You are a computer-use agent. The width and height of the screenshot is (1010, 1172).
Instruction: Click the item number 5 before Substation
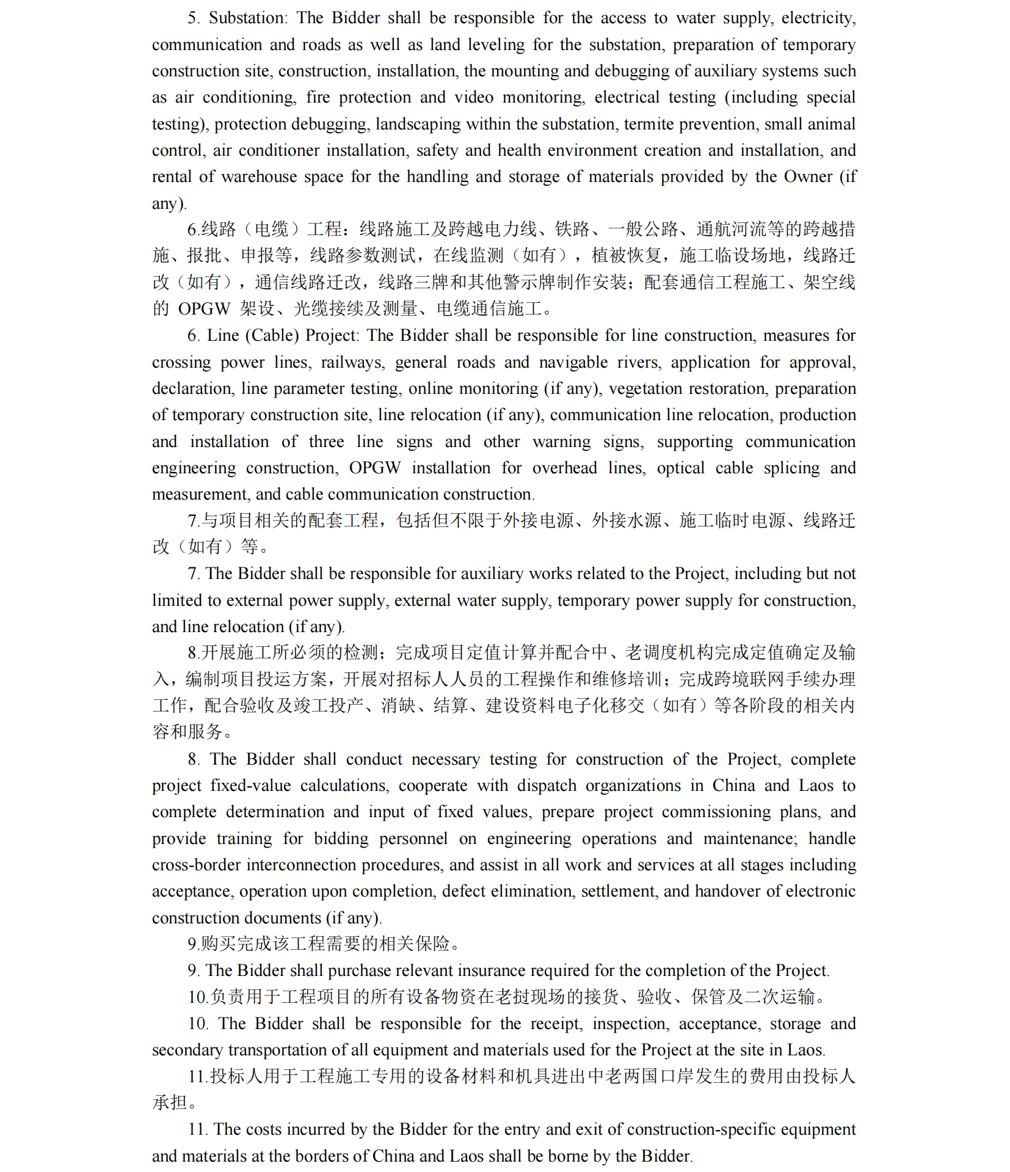click(192, 18)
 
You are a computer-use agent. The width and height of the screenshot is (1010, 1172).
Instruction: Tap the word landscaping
click(418, 124)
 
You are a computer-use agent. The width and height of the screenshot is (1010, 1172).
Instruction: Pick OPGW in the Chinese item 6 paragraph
click(204, 309)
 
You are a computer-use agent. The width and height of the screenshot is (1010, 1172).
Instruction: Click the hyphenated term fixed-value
click(250, 786)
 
